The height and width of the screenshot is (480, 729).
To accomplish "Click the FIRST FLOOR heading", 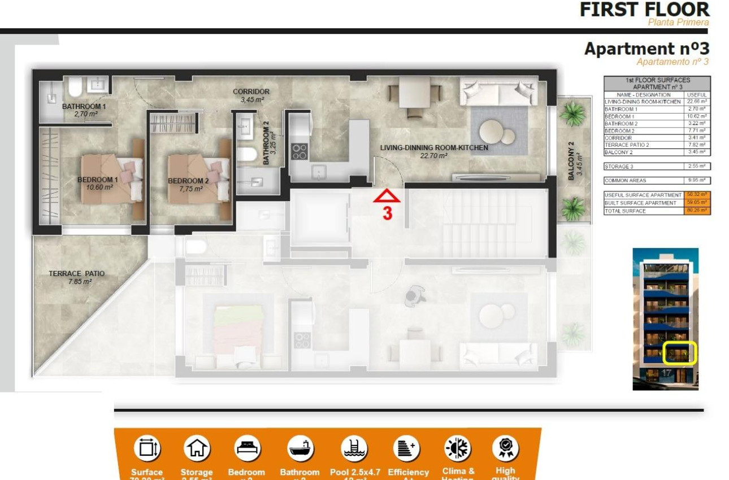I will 644,10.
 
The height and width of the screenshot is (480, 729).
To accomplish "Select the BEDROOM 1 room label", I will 98,181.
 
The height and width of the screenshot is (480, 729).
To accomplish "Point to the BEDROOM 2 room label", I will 188,181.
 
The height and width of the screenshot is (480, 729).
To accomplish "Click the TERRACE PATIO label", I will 76,273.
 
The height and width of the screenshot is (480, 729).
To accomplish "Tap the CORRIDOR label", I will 251,91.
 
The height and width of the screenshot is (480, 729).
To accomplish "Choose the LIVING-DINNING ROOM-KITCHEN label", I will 434,148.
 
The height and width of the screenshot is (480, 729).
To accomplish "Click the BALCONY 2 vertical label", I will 571,160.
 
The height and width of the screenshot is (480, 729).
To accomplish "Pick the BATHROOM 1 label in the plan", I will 84,106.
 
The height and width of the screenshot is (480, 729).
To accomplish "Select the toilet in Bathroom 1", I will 75,87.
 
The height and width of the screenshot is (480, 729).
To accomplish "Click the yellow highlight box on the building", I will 680,353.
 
